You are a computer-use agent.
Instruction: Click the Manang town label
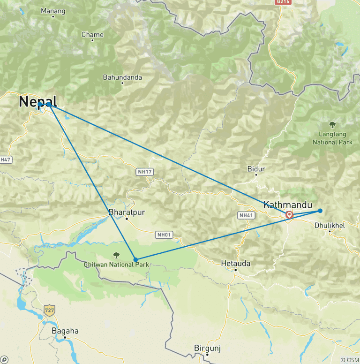(x=53, y=11)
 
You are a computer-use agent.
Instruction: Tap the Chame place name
(x=92, y=35)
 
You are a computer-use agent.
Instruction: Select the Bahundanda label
(x=122, y=77)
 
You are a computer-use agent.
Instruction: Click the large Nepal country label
(x=38, y=102)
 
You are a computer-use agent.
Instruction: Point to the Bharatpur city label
(x=127, y=212)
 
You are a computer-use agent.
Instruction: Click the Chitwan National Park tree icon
(x=116, y=255)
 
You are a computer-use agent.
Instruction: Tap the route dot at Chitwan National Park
(x=135, y=259)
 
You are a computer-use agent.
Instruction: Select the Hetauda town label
(x=235, y=264)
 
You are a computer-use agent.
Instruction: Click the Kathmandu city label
(x=287, y=205)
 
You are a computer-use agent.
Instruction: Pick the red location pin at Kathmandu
(x=290, y=215)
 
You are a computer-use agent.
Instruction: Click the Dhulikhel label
(x=330, y=225)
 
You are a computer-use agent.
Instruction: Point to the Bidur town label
(x=256, y=169)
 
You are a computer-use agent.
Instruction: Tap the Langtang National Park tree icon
(x=332, y=125)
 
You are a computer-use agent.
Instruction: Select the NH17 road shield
(x=145, y=172)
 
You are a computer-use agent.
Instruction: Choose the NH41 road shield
(x=247, y=215)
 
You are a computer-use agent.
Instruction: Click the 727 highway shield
(x=49, y=310)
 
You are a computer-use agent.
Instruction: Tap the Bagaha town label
(x=65, y=331)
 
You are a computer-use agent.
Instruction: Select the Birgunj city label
(x=207, y=348)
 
